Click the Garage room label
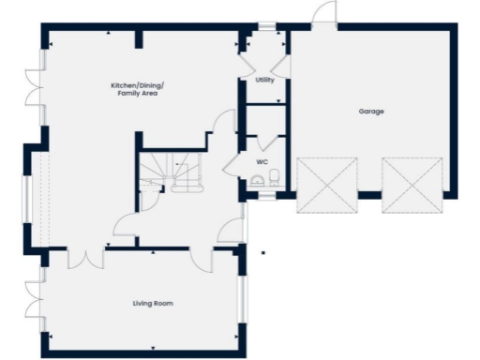tap(371, 112)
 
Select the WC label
tap(262, 162)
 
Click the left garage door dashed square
tap(327, 185)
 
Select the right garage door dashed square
tap(412, 185)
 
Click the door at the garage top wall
tap(323, 14)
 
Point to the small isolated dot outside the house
tap(263, 251)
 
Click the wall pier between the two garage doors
tap(369, 195)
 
